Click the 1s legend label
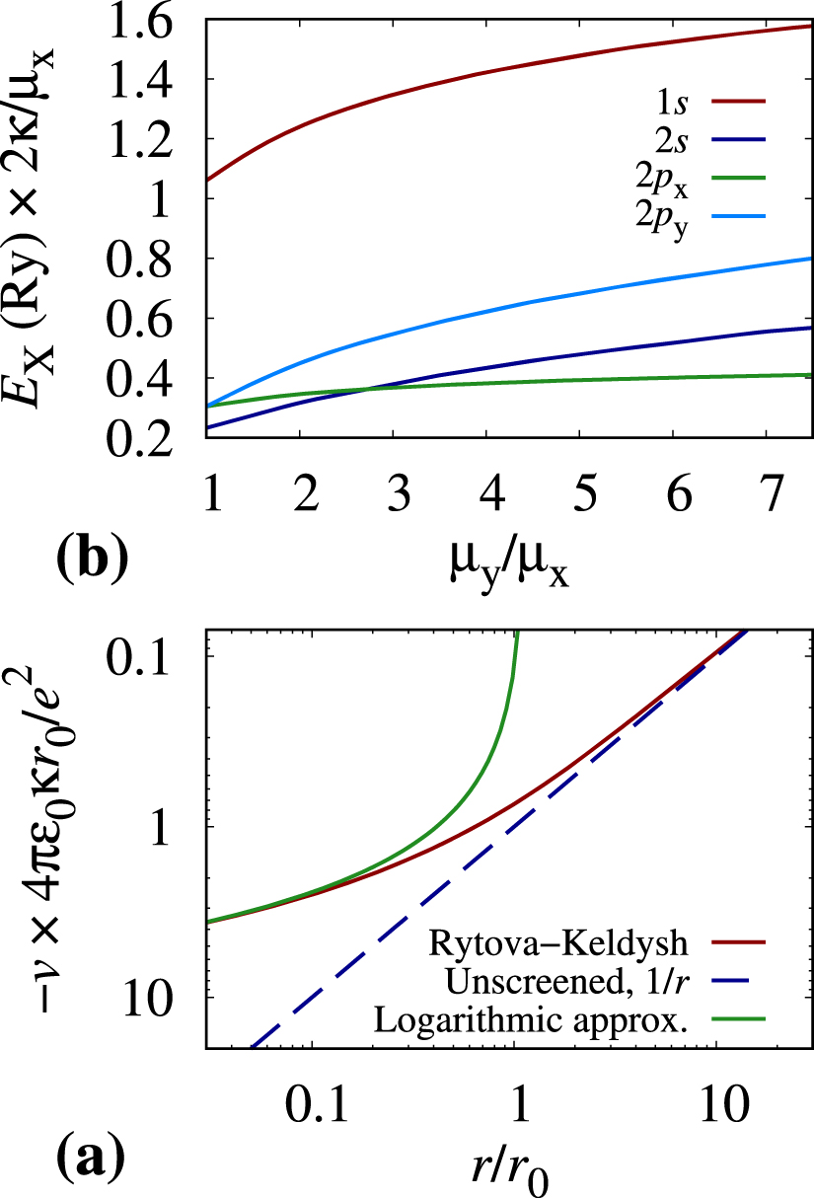pyautogui.click(x=672, y=102)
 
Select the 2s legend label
pyautogui.click(x=672, y=140)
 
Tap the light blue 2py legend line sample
pyautogui.click(x=739, y=216)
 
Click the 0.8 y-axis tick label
pyautogui.click(x=140, y=259)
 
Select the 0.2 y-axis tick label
pyautogui.click(x=140, y=438)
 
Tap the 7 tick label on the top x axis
pyautogui.click(x=772, y=493)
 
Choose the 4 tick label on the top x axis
pyautogui.click(x=492, y=493)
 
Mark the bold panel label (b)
pyautogui.click(x=93, y=558)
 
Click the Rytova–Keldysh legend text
pyautogui.click(x=558, y=942)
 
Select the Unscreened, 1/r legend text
pyautogui.click(x=567, y=981)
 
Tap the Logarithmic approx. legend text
pyautogui.click(x=531, y=1019)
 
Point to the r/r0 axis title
pyautogui.click(x=510, y=1171)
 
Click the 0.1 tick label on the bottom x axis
pyautogui.click(x=317, y=1103)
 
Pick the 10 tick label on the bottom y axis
pyautogui.click(x=147, y=998)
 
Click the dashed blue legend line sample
pyautogui.click(x=739, y=981)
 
